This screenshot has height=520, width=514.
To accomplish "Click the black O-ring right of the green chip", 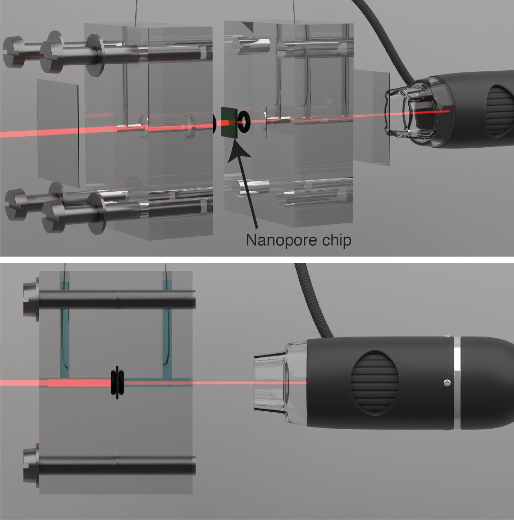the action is (244, 122).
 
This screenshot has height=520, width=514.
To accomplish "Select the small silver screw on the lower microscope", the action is (447, 382).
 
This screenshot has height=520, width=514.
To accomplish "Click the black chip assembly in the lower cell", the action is (117, 382).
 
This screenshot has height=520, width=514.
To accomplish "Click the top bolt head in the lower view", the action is (31, 302).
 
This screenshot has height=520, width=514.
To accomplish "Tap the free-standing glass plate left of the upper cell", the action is (58, 133).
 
